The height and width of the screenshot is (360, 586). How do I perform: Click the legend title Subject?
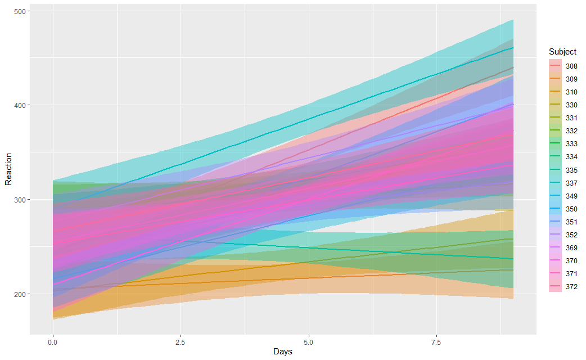[x=562, y=52]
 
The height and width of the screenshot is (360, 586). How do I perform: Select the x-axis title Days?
[x=282, y=352]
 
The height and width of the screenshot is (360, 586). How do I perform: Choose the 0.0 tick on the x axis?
[x=53, y=341]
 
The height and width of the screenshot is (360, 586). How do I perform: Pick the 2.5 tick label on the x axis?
[x=181, y=341]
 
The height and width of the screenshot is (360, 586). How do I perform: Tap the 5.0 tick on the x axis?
[x=309, y=341]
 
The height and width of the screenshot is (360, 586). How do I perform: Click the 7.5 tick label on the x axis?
[x=436, y=341]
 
